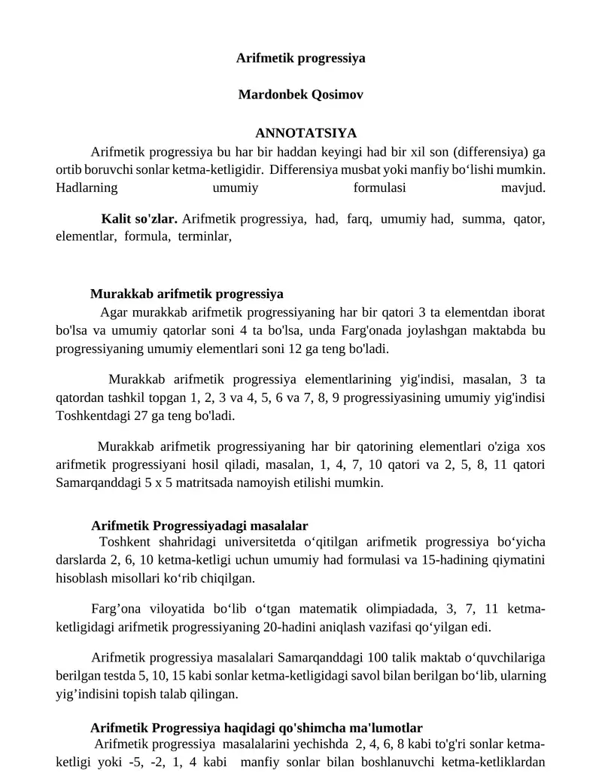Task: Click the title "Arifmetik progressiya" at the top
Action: (300, 58)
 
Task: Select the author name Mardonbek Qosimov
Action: (300, 95)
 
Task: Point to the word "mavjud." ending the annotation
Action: (523, 187)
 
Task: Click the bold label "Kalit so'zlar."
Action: (139, 219)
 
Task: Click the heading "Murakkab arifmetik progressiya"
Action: (187, 294)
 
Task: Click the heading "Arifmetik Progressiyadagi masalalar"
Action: (199, 525)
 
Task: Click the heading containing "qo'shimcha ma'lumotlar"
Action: (256, 728)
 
